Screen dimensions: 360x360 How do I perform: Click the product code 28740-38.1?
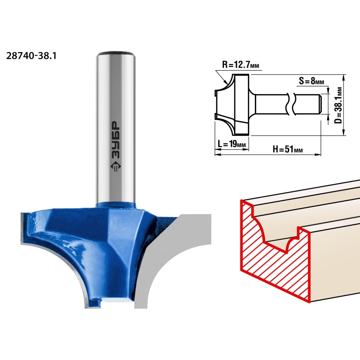coord(31,56)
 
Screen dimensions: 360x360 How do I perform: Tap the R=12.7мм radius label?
coord(240,65)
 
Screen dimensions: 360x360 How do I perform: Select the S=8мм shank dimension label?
coord(311,81)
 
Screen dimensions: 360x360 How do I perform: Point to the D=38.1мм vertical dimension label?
coord(338,105)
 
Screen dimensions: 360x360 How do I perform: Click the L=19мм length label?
coord(231,144)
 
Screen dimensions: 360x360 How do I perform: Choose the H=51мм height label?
coord(288,149)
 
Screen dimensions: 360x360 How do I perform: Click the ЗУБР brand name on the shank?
coord(116,140)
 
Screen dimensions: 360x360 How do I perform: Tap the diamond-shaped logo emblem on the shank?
coord(116,167)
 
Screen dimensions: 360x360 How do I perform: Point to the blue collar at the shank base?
coord(116,204)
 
